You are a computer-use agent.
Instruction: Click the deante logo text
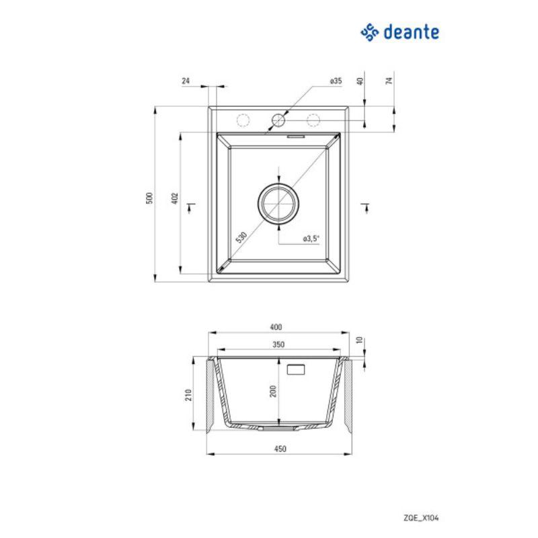412,31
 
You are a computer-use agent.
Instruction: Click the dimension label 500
150,197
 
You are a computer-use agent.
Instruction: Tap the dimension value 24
186,81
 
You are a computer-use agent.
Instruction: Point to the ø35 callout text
336,81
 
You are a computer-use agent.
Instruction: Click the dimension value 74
389,81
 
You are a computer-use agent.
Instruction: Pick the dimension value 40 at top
360,81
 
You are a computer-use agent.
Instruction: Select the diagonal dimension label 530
241,237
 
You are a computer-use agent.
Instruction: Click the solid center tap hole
278,120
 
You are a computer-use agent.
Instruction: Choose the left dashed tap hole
243,120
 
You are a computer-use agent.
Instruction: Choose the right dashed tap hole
313,120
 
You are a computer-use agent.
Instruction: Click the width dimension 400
276,327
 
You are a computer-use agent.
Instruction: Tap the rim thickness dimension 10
360,341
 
